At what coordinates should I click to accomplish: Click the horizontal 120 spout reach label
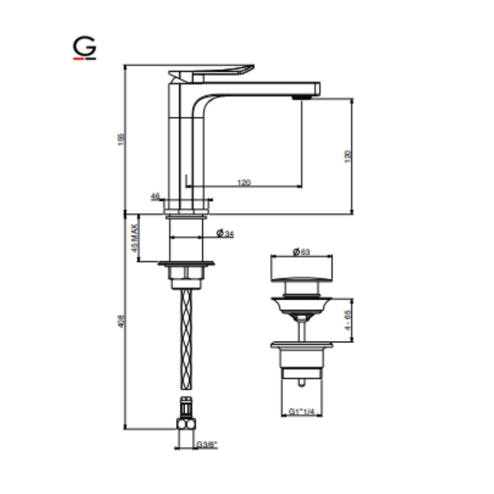point(244,182)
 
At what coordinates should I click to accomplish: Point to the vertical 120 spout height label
point(348,156)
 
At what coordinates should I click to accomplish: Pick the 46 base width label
point(155,195)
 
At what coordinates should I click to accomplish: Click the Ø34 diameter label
point(225,233)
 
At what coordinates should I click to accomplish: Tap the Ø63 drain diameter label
point(301,252)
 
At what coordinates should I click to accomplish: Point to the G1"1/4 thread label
point(301,412)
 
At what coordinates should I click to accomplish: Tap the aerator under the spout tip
point(301,97)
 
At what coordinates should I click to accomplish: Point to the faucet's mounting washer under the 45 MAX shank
point(186,264)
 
